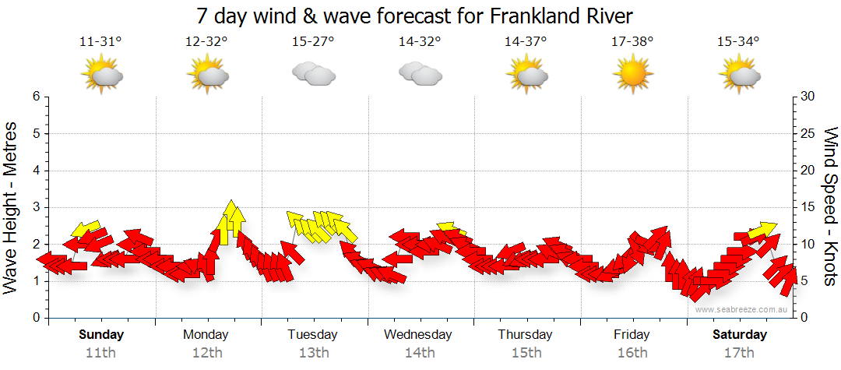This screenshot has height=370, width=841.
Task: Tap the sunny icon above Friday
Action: pyautogui.click(x=632, y=74)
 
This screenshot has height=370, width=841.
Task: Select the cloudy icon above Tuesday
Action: pyautogui.click(x=313, y=74)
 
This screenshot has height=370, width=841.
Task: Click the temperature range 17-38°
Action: pyautogui.click(x=632, y=42)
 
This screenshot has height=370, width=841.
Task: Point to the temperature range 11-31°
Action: pyautogui.click(x=100, y=42)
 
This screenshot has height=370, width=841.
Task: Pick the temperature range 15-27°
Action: pyautogui.click(x=313, y=42)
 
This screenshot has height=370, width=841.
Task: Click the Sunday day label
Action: pyautogui.click(x=100, y=335)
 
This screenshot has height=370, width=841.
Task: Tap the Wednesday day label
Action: pyautogui.click(x=418, y=335)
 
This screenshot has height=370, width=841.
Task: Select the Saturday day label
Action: pyautogui.click(x=740, y=335)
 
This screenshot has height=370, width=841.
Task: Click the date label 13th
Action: pyautogui.click(x=313, y=353)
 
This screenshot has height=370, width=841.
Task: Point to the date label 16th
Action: pyautogui.click(x=632, y=353)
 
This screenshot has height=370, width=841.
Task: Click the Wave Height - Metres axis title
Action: pyautogui.click(x=12, y=206)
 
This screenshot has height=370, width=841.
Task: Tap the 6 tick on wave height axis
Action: pyautogui.click(x=36, y=97)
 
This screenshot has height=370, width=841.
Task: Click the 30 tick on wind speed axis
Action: pyautogui.click(x=808, y=97)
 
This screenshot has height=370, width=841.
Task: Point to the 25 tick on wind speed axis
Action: pyautogui.click(x=808, y=133)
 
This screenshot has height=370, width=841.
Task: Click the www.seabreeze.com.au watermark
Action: pyautogui.click(x=742, y=309)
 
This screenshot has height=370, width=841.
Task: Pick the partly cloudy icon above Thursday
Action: pyautogui.click(x=526, y=74)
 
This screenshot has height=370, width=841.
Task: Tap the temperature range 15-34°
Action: pyautogui.click(x=738, y=42)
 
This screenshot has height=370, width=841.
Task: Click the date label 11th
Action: pyautogui.click(x=100, y=353)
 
